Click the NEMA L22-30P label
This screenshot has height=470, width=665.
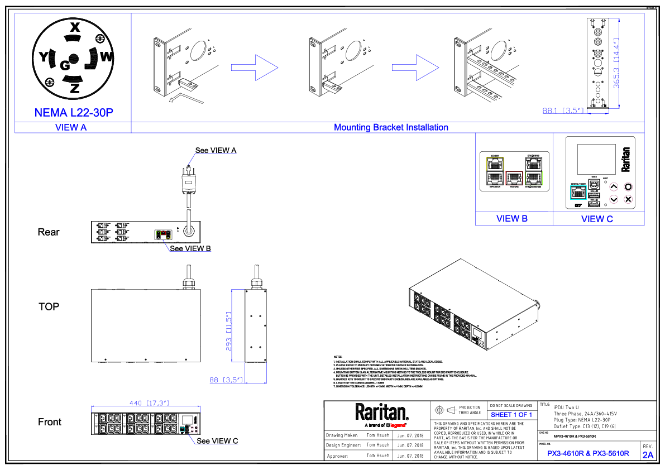74,113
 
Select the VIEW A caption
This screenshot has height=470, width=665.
71,127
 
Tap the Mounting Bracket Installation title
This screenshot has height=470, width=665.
391,127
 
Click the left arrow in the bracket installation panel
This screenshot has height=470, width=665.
255,68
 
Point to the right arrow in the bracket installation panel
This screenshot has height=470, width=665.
416,68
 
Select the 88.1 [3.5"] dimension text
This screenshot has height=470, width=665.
564,111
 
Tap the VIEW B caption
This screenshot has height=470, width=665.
512,219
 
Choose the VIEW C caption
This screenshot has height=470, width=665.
597,219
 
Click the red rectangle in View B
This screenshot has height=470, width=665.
514,178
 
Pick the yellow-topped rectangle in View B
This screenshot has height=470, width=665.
495,171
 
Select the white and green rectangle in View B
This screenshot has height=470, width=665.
534,171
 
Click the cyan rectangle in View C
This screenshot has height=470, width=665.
578,193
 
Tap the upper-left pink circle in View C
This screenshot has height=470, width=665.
614,187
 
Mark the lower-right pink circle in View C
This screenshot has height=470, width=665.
628,199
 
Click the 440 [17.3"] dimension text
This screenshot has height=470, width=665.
149,404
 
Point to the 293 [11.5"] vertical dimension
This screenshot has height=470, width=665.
228,331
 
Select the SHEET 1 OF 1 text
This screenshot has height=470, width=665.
511,415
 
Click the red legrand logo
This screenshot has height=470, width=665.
398,426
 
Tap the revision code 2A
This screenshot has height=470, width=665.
648,455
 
